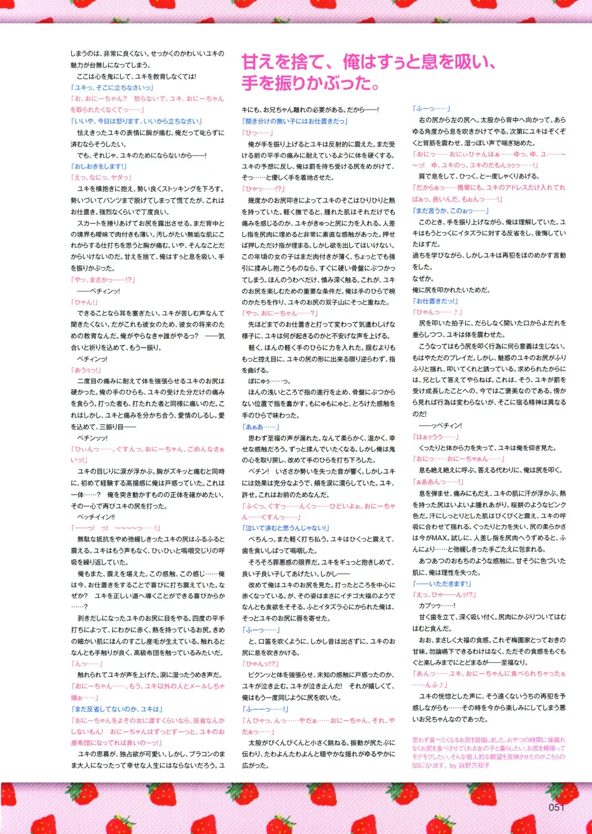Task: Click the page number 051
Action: [556, 807]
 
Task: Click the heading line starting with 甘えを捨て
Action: [368, 61]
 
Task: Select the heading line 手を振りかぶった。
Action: [311, 83]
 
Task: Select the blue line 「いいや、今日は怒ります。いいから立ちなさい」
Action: [136, 121]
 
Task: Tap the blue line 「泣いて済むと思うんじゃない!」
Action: [286, 528]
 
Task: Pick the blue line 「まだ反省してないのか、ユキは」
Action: [117, 709]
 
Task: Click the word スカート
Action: [89, 223]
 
